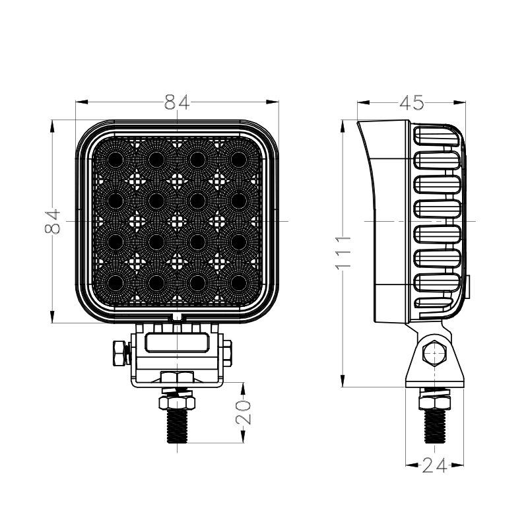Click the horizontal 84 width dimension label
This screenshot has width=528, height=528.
177,102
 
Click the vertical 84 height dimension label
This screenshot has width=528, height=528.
53,221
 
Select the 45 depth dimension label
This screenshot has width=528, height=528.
411,103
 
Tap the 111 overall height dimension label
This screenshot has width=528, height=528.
343,253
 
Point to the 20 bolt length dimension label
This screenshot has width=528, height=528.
244,412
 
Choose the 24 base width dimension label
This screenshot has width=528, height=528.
434,465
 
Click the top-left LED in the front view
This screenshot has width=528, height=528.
115,159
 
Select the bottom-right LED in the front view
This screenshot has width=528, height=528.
239,282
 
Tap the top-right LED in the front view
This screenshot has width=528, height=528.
239,159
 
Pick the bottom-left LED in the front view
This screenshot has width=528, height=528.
115,282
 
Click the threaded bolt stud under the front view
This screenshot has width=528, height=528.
177,426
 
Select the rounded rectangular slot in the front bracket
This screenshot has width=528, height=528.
177,343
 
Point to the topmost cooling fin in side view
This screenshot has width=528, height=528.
436,136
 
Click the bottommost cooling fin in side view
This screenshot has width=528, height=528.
434,304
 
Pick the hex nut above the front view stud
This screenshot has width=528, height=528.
177,403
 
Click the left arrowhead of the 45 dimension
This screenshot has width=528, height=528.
364,102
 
